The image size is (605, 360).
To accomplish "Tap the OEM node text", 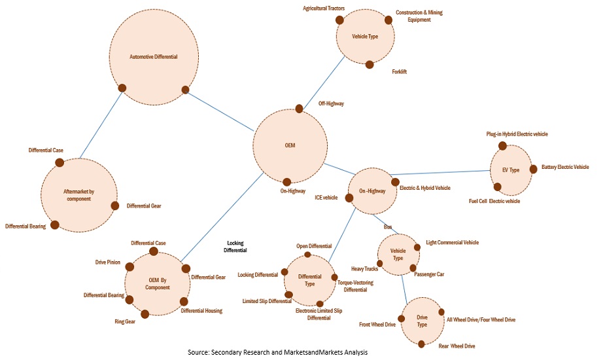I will (290, 145).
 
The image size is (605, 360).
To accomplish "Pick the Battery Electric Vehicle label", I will (565, 168).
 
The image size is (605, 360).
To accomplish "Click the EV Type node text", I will (510, 170).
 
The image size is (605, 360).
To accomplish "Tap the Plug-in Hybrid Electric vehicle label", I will (526, 134).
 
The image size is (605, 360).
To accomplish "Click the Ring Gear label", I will (126, 321).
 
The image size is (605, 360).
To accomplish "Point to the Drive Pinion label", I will (108, 262).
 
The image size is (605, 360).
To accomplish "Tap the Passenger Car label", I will (429, 274).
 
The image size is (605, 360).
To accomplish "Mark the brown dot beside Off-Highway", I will (299, 109).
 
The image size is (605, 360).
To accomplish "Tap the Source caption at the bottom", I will (277, 353).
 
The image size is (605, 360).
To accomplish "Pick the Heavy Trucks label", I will (365, 269).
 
